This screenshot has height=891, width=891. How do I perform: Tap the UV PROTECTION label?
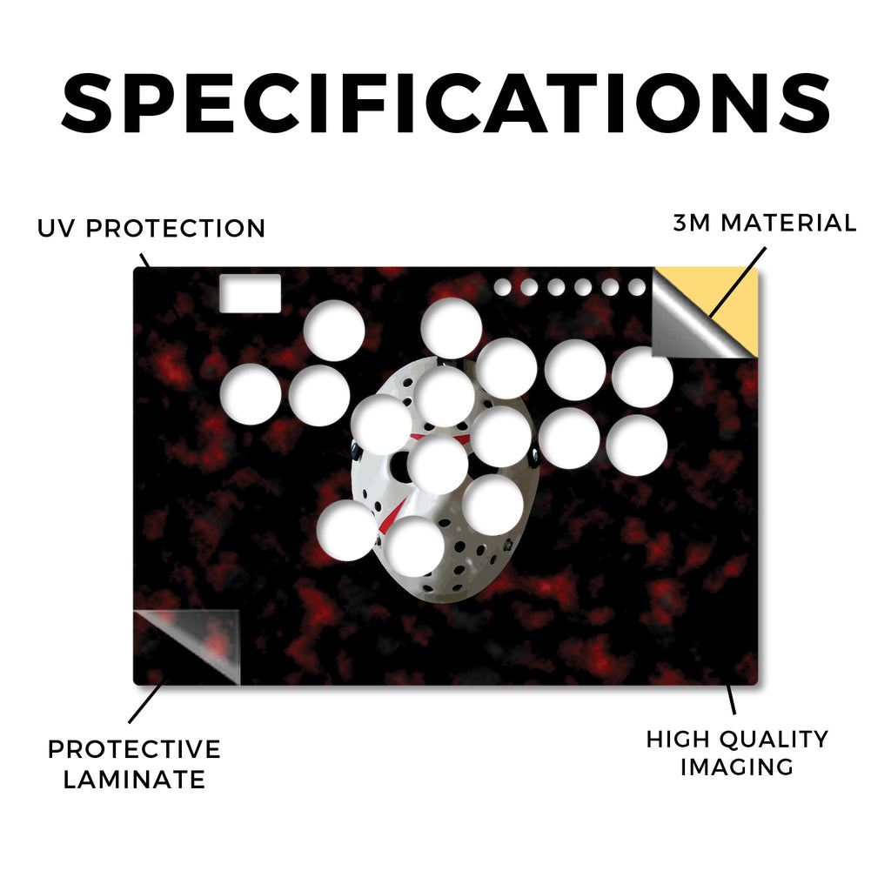151,229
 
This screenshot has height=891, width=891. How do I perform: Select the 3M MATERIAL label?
764,223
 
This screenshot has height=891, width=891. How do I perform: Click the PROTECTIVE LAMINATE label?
134,764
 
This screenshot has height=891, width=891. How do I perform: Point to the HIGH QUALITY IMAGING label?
737,753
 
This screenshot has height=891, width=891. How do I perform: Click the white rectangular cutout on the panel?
250,293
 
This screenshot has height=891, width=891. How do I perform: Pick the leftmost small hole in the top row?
502,287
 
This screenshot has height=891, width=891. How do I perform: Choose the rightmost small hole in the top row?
637,287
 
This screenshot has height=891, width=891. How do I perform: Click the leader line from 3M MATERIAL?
738,282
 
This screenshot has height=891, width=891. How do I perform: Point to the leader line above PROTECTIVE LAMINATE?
147,701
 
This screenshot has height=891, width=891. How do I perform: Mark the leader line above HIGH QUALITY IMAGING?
731,699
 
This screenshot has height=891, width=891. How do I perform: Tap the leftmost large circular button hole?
251,394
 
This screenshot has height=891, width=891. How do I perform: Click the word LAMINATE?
134,780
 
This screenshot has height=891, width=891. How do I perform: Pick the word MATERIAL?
788,223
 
